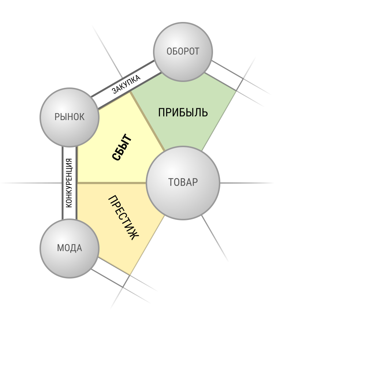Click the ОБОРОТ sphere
pos(183,52)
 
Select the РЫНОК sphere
pos(70,117)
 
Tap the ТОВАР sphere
pos(183,183)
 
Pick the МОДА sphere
pos(70,249)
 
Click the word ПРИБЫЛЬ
pos(183,112)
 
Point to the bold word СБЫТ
pos(122,147)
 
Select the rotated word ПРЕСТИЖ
pos(124,217)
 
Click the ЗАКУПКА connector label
pos(126,84)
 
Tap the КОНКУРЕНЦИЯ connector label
pos(69,183)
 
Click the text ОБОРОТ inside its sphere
pos(183,51)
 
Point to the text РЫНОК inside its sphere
pos(70,117)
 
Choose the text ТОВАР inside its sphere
pos(183,182)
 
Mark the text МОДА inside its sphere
pos(70,248)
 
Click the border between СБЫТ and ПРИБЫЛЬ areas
pos(147,122)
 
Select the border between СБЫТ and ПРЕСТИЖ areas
pos(112,183)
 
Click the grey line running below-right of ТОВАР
pos(215,238)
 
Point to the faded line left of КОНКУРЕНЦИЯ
pos(31,183)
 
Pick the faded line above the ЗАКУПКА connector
pos(107,52)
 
